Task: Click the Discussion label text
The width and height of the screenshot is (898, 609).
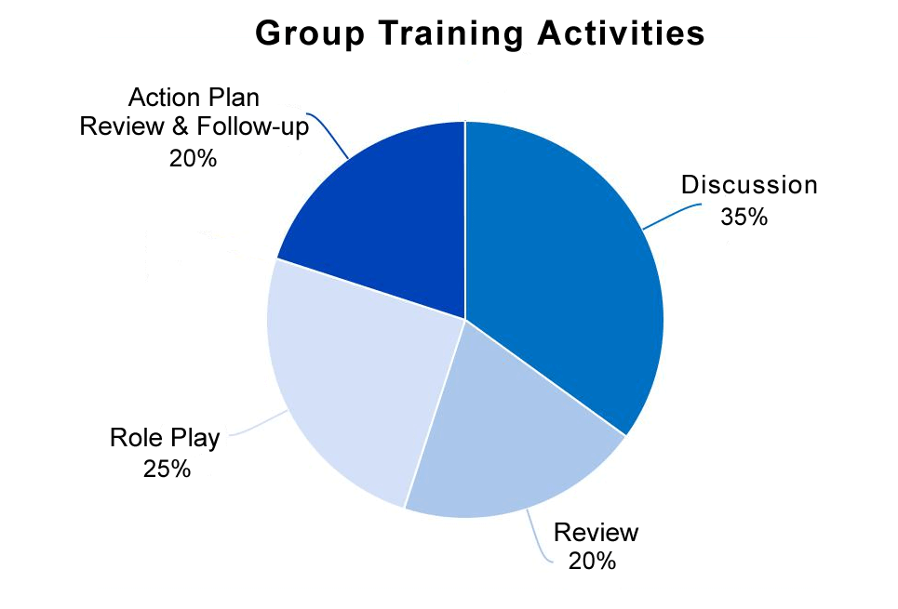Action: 749,185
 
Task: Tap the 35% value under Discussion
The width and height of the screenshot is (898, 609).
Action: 744,218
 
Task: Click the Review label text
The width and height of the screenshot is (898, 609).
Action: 596,533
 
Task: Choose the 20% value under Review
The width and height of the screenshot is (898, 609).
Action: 591,562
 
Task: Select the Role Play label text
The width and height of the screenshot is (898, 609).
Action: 165,437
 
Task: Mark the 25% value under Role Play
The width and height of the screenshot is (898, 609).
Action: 168,469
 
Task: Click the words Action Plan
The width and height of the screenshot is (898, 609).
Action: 194,98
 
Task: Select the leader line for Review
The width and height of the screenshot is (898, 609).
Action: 538,537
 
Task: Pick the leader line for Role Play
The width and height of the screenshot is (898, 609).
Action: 261,426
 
